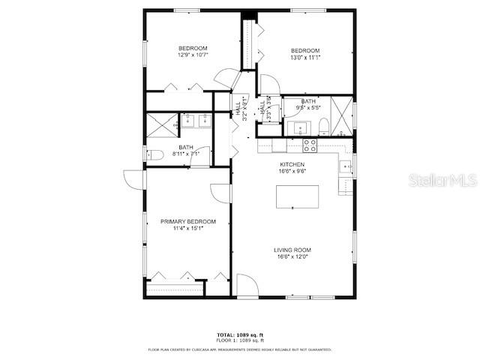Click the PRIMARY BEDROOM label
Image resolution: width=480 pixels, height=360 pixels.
[187, 221]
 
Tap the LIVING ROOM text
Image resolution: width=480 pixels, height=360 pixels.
[292, 250]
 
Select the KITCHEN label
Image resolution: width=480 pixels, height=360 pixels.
[292, 164]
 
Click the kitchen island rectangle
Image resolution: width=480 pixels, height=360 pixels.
[298, 196]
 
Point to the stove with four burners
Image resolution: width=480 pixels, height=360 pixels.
[310, 144]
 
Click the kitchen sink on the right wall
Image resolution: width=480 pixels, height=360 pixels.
[346, 166]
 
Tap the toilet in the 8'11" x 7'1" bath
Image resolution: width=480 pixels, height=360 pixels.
[153, 155]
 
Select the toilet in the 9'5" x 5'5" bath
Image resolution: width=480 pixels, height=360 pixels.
[321, 125]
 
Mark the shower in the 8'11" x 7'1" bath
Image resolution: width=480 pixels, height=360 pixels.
[161, 124]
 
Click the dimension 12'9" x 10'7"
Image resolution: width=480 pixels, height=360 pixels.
[193, 55]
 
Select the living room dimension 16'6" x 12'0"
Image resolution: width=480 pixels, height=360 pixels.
[292, 257]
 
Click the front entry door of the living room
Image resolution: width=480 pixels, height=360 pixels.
[247, 286]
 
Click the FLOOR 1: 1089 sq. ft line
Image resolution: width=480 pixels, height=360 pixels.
[240, 340]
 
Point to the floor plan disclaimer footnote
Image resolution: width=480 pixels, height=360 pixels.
[240, 349]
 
